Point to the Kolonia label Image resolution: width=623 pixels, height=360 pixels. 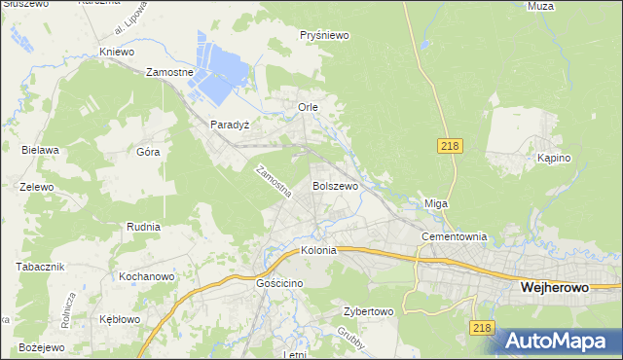coord(318,250)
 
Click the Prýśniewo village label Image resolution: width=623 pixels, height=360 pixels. coord(325,35)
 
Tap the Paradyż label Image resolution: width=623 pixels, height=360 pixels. coord(231,126)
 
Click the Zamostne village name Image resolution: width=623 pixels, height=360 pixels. coord(170,72)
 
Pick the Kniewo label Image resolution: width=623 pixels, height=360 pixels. coord(116,52)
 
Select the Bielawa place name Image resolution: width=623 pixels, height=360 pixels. coord(41,150)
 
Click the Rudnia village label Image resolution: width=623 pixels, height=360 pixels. coord(143,226)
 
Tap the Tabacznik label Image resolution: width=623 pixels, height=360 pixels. coord(40,266)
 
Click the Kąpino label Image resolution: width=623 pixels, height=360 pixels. coord(553,158)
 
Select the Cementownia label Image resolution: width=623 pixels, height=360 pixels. coord(454,236)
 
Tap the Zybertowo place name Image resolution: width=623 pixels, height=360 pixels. coord(367,312)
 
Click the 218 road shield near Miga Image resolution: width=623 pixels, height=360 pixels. coord(449,145)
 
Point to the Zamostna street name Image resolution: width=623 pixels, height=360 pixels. coord(274,182)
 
